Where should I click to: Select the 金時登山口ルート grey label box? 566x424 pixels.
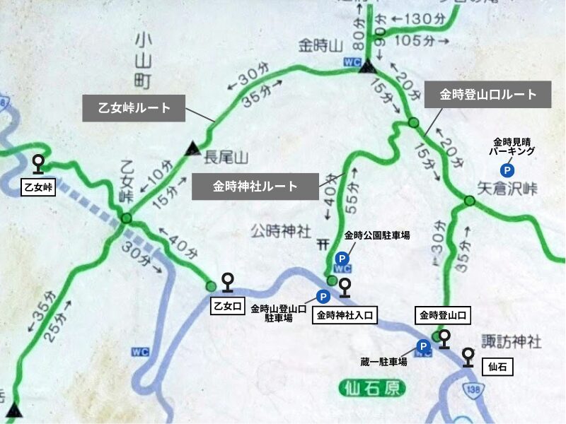pyautogui.click(x=488, y=94)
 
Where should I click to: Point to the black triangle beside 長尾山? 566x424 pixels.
pyautogui.click(x=190, y=149)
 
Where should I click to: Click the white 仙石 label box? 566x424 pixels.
pyautogui.click(x=494, y=367)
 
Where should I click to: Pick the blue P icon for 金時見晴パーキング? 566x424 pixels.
pyautogui.click(x=507, y=170)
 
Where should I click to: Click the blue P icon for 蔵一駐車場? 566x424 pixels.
pyautogui.click(x=423, y=346)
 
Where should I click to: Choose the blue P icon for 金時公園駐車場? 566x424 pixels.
pyautogui.click(x=341, y=258)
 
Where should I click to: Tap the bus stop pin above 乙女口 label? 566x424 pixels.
pyautogui.click(x=228, y=283)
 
